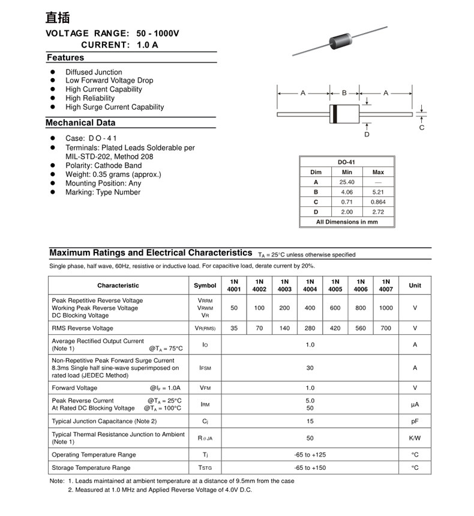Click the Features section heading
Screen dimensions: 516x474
(x=65, y=58)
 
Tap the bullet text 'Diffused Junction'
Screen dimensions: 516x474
(x=94, y=72)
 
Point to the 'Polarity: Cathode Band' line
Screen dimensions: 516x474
(x=103, y=166)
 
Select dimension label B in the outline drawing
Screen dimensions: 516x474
(x=344, y=93)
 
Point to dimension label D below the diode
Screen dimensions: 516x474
(x=367, y=134)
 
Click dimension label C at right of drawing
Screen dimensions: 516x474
(x=422, y=128)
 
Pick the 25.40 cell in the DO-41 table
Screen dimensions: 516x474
(x=347, y=182)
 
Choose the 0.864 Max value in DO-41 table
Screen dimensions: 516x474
(x=378, y=202)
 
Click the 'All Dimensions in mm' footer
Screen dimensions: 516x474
(x=347, y=222)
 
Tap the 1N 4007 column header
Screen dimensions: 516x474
(x=386, y=286)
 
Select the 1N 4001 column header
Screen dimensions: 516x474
(x=234, y=286)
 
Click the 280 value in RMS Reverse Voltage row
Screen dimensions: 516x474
(x=310, y=328)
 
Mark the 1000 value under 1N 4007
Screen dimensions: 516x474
(x=386, y=308)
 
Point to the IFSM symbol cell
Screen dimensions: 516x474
(x=205, y=368)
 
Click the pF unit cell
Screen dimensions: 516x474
(x=415, y=422)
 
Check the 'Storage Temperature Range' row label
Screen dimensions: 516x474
(x=91, y=468)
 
